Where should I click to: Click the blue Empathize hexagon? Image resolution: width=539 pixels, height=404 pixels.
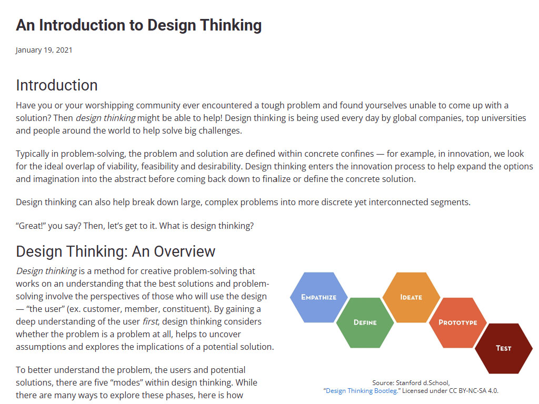318,297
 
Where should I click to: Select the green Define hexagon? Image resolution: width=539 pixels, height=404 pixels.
365,322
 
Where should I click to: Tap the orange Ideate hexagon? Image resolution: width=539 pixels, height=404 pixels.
411,297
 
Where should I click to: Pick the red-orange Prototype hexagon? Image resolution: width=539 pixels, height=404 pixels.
457,322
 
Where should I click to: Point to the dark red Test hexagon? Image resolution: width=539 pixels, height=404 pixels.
504,348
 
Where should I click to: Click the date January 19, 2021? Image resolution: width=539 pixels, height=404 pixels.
44,50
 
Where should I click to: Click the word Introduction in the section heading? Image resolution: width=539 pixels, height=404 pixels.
57,85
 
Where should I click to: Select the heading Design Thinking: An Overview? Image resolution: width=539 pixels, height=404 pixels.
115,251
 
